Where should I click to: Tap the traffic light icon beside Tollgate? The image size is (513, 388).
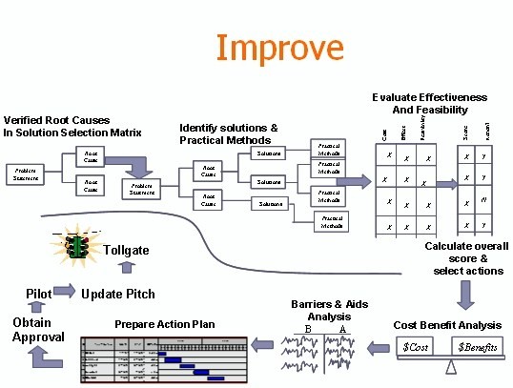[75, 248]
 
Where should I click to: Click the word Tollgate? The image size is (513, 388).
[128, 250]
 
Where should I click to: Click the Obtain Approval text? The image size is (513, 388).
[38, 330]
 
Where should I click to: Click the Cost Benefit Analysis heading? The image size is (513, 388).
[448, 324]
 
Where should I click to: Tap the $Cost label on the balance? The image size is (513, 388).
[416, 349]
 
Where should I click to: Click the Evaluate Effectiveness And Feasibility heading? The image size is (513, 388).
[429, 104]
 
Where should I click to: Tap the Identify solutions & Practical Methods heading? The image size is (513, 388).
[229, 133]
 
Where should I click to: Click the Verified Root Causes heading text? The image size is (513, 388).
[72, 126]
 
